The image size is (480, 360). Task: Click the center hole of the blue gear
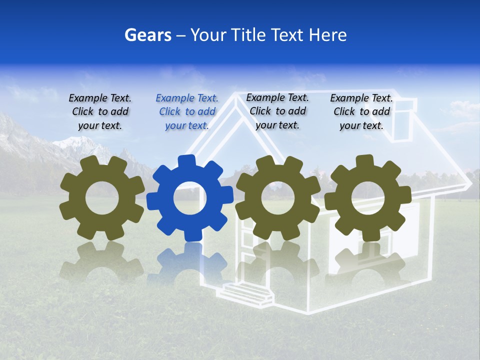(x=190, y=198)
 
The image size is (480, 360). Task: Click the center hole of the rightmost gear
(x=367, y=197)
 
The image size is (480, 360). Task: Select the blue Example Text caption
(x=187, y=112)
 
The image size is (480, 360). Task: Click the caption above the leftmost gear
(x=100, y=112)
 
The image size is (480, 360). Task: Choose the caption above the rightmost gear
(x=361, y=112)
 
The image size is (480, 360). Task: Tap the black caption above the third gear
(x=277, y=111)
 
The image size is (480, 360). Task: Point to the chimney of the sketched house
(x=404, y=120)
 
